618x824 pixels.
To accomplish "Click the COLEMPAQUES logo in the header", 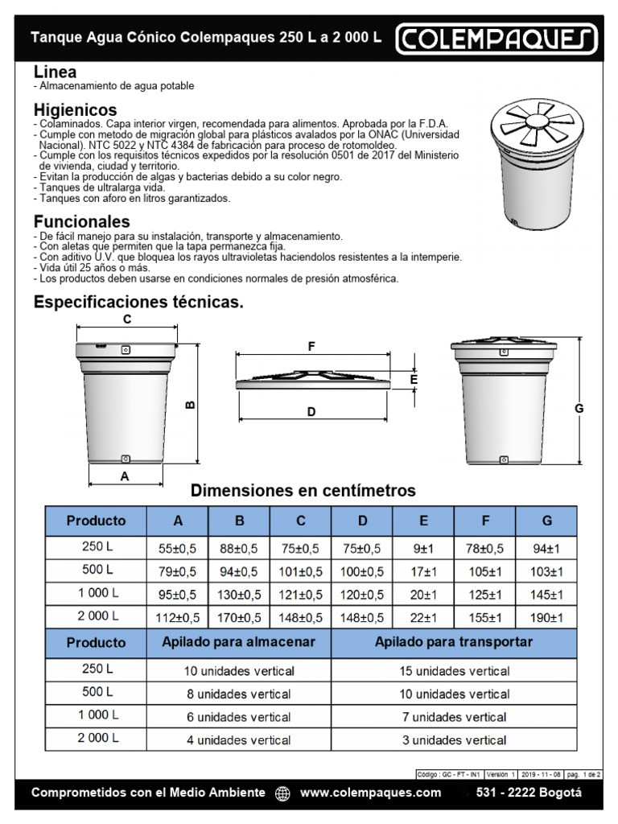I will pos(496,38).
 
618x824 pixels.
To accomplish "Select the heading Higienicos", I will pos(75,109).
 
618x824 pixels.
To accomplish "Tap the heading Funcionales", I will pos(81,221).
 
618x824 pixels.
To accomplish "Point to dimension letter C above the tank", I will pos(127,319).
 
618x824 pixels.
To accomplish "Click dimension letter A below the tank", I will pos(124,476).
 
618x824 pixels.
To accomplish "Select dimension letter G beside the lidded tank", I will pos(578,409).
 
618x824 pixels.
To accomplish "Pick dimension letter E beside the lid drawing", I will pos(414,378).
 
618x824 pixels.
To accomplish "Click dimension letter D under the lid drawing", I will pos(311,412).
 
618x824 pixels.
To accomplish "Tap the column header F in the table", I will pos(485,521).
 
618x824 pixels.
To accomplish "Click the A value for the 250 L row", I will pos(178,548).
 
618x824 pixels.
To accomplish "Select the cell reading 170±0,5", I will pos(239,617).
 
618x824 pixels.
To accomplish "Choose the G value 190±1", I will pos(546,617).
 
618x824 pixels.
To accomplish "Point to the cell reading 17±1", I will pos(423,571).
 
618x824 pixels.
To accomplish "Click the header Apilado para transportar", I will pos(454,643).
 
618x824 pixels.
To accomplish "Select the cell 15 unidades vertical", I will pos(454,670).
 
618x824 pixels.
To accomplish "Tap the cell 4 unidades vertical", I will pos(240,740).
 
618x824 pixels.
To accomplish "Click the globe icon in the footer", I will pos(282,793).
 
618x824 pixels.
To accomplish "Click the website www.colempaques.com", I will pos(370,793).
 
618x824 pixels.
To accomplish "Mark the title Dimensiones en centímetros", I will pos(303,490).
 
